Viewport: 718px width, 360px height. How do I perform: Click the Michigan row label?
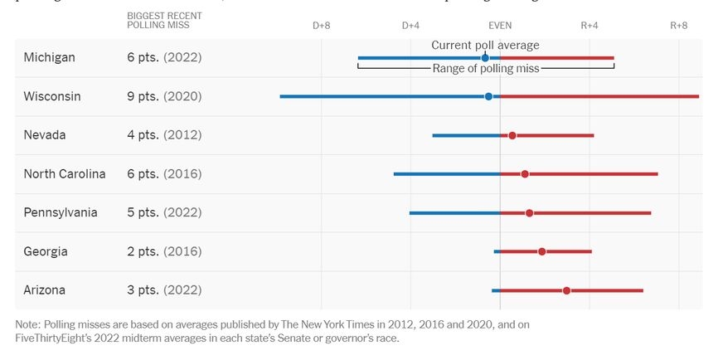coord(49,58)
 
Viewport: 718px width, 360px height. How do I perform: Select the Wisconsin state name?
coord(52,96)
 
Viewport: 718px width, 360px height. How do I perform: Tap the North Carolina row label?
coord(65,174)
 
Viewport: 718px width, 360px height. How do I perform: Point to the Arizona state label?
coord(45,290)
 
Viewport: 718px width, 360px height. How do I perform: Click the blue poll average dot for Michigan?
coord(485,58)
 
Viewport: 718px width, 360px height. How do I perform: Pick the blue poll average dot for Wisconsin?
coord(488,96)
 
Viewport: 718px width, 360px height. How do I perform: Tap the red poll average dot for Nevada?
coord(512,135)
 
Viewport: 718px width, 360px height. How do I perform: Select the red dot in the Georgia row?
coord(542,251)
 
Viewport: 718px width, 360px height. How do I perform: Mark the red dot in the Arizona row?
coord(566,290)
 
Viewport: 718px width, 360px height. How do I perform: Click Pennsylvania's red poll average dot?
coord(530,213)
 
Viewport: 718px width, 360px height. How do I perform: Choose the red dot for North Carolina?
coord(525,174)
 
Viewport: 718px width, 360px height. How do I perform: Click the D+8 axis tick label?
coord(322,26)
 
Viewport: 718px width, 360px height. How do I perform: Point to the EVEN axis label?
coord(500,26)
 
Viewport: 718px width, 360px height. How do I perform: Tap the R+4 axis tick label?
coord(589,26)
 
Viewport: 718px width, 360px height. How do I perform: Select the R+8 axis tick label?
coord(679,26)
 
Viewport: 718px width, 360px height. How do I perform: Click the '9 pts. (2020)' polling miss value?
coord(164,96)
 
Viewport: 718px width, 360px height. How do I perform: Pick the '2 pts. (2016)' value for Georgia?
coord(164,251)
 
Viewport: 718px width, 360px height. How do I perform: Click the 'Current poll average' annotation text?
coord(485,45)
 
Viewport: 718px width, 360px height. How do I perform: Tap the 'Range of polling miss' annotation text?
coord(486,69)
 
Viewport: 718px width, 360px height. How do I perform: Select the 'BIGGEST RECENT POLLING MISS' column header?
coord(164,21)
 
